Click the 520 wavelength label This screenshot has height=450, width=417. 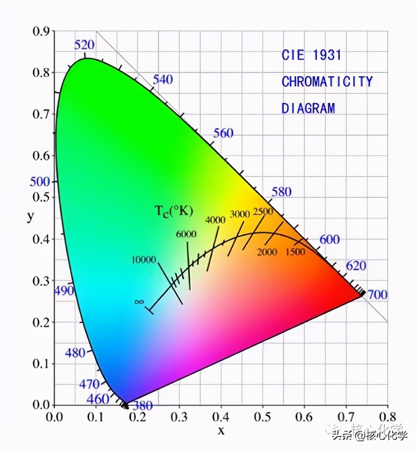(84, 45)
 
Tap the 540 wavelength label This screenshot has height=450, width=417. (163, 79)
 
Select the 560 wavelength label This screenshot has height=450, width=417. (223, 133)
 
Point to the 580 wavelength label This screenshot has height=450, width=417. (281, 192)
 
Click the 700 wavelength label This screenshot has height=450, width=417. (377, 295)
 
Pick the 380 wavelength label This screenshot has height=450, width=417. (143, 406)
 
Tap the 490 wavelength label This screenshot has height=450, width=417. (64, 291)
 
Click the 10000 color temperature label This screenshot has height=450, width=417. (144, 260)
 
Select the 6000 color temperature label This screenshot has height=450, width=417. (186, 234)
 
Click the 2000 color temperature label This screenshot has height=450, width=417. (267, 252)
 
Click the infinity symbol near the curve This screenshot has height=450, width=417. (139, 302)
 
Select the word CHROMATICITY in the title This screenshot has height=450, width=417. (327, 82)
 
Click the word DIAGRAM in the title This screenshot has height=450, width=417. (308, 108)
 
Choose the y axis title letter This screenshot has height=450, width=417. (31, 216)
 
